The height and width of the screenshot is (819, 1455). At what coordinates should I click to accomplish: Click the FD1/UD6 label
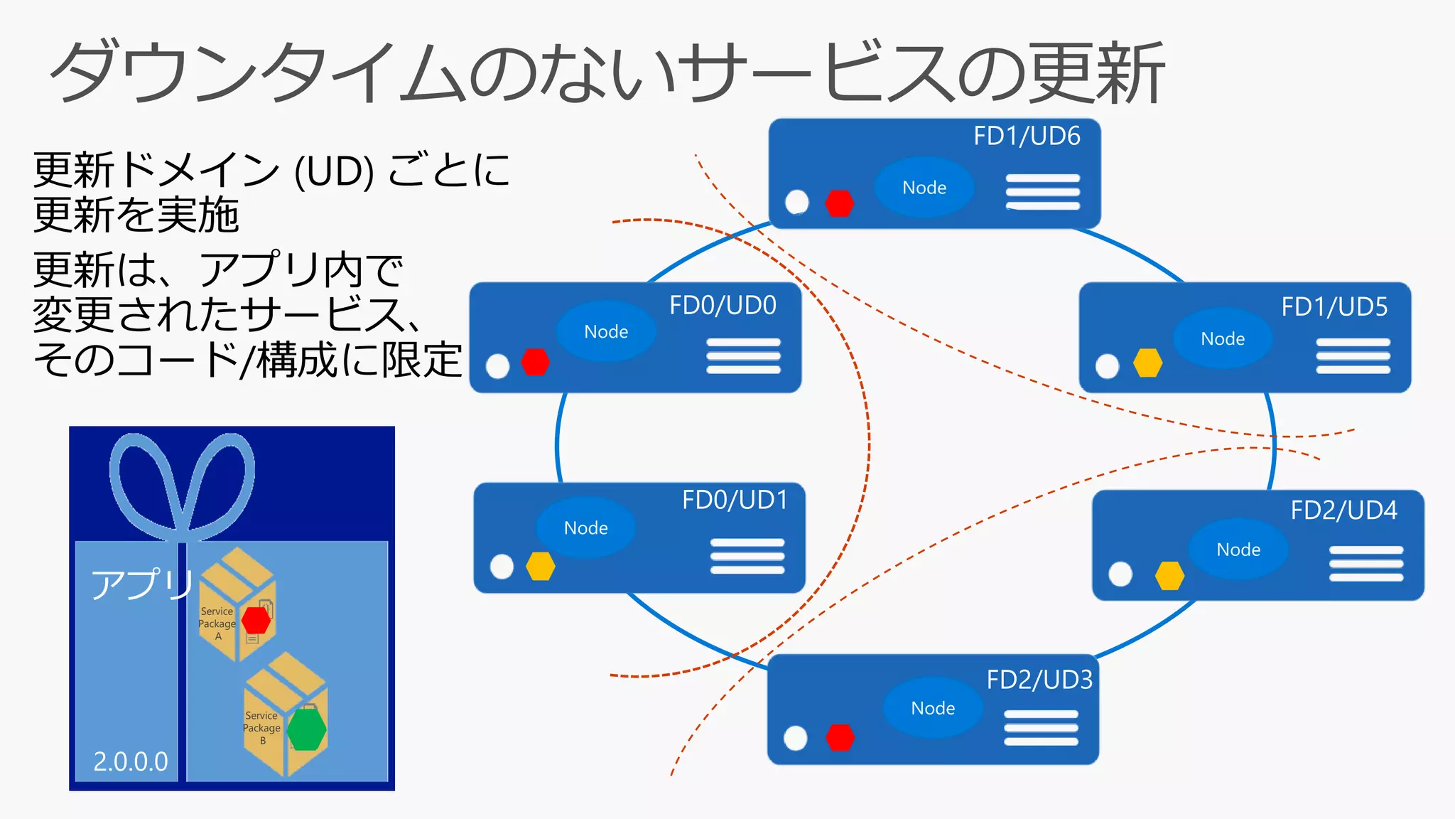tap(1026, 136)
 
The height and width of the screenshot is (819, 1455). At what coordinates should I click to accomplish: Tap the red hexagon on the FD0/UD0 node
tap(535, 362)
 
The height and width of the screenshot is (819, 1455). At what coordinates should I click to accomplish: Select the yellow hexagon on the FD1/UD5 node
tap(1147, 363)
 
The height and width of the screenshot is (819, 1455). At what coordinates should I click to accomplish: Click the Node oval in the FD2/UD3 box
tap(933, 707)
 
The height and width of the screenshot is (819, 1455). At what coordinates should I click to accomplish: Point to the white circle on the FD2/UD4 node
tap(1120, 574)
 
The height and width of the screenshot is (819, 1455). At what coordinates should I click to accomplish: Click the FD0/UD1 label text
tap(735, 500)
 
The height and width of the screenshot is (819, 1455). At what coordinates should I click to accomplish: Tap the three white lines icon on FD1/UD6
tap(1042, 192)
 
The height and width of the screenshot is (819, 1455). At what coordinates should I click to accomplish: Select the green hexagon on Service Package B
tap(307, 730)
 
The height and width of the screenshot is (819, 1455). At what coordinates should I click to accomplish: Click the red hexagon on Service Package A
tap(256, 620)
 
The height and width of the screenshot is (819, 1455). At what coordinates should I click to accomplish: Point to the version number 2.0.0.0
tap(131, 761)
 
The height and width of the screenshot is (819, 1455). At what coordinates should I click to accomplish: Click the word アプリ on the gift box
tap(142, 584)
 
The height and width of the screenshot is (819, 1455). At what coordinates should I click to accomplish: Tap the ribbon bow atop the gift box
tap(183, 483)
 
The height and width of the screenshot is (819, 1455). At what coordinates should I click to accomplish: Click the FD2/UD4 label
tap(1343, 510)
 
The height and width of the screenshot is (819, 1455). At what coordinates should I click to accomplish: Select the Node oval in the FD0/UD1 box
tap(585, 528)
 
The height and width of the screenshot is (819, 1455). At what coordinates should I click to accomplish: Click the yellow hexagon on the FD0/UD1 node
tap(540, 567)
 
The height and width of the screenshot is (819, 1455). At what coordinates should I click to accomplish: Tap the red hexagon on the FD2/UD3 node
tap(840, 738)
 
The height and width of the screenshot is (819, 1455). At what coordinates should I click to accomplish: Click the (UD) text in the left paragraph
tap(334, 171)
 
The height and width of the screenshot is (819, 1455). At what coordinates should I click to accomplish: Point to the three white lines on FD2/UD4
tap(1365, 564)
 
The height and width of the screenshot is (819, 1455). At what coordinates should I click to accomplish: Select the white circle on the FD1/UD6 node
tap(797, 202)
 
